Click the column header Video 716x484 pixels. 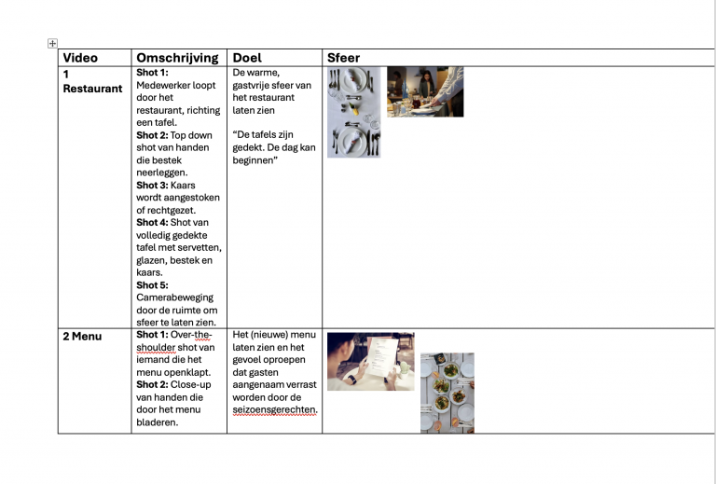(80, 58)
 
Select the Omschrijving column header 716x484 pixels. (177, 58)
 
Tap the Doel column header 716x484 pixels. (247, 58)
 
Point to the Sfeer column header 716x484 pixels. (343, 58)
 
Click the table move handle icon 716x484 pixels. (52, 43)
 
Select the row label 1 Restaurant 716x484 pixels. (91, 81)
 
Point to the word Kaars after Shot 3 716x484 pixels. (185, 185)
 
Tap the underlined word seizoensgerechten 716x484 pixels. (275, 409)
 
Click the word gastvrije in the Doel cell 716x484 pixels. (255, 85)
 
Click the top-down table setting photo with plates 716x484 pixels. (353, 112)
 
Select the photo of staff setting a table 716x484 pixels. (425, 91)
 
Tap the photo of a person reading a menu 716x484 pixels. (370, 361)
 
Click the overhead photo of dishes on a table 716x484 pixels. (447, 393)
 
